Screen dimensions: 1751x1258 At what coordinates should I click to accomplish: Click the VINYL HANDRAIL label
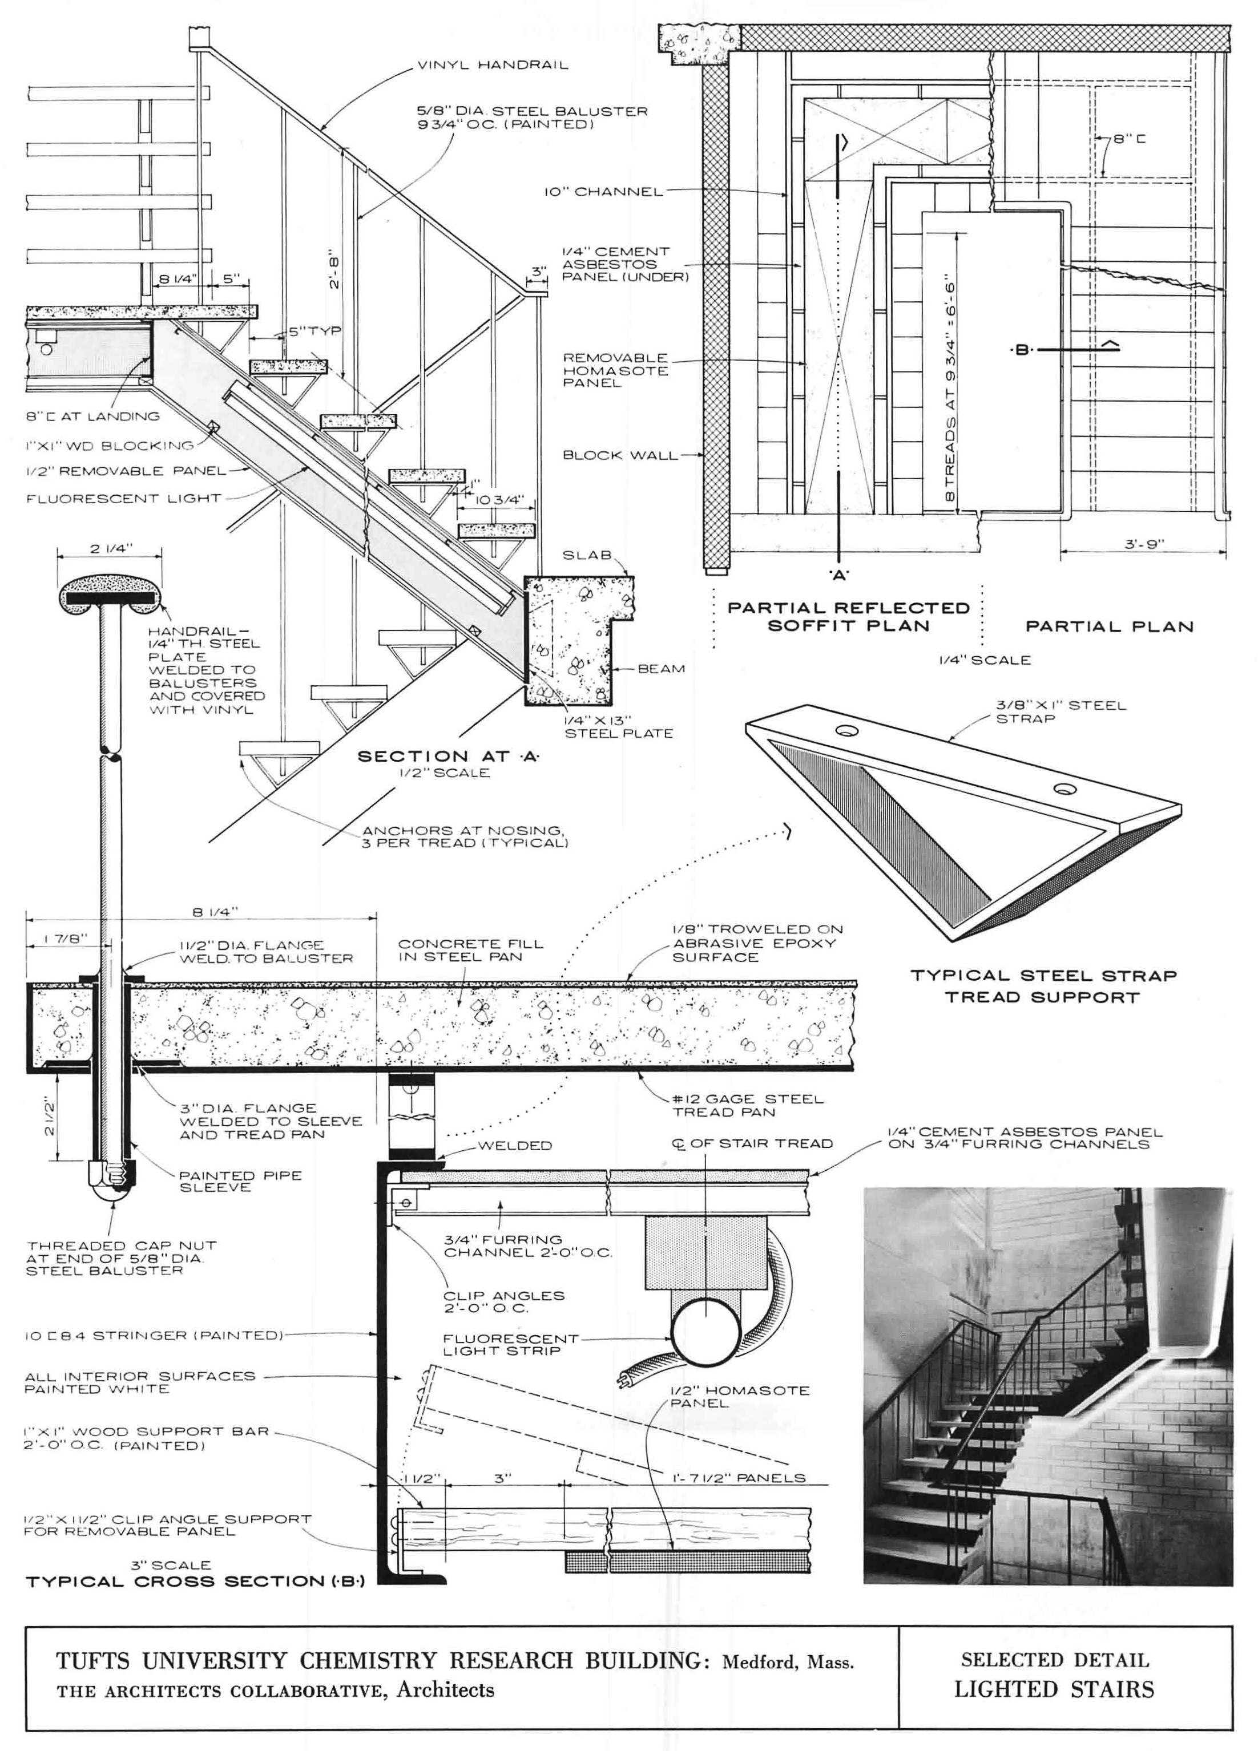pos(492,65)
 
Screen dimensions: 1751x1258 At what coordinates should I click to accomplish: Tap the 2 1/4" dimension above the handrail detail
pos(110,548)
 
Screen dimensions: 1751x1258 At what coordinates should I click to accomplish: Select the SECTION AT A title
pos(448,756)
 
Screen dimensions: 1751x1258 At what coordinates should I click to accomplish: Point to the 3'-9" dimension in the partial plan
pos(1143,544)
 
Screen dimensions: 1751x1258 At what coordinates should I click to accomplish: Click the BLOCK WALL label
pos(619,455)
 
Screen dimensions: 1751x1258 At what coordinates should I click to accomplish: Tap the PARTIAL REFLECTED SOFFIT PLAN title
pos(848,616)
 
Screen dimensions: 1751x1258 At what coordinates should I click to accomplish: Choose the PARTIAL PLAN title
pos(1109,626)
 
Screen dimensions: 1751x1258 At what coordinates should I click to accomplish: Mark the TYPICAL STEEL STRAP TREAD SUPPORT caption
pos(1043,986)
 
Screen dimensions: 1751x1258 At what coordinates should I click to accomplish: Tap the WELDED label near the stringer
pos(514,1145)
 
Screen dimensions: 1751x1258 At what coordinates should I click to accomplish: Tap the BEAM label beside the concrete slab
pos(661,669)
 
